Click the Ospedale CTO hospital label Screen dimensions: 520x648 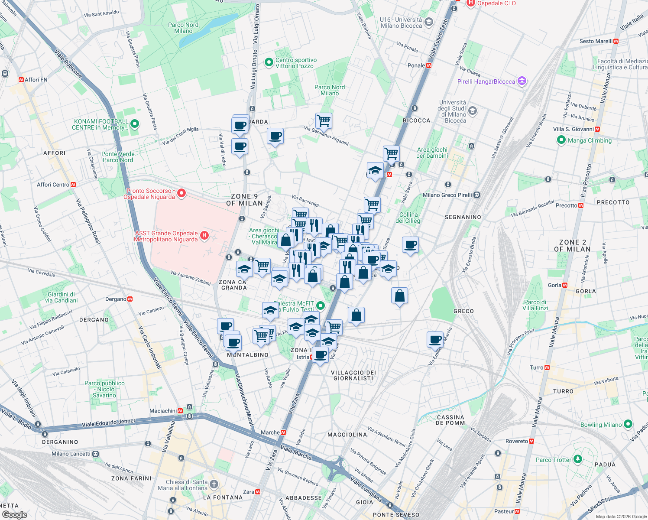click(496, 3)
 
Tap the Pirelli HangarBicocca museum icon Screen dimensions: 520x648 click(522, 81)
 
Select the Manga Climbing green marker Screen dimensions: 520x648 click(561, 140)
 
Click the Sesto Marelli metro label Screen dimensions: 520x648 click(596, 41)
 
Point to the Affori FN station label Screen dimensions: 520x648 click(36, 80)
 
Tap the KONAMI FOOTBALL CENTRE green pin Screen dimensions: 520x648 click(135, 124)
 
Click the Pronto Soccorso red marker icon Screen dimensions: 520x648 click(181, 193)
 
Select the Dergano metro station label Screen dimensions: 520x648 click(116, 299)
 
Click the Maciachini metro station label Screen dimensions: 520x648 click(163, 411)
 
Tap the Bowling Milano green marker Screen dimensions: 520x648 click(628, 424)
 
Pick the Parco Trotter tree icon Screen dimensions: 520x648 click(577, 459)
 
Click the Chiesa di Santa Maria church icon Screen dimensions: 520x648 click(214, 484)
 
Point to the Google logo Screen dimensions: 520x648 click(14, 515)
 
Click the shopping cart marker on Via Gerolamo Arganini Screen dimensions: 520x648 click(324, 120)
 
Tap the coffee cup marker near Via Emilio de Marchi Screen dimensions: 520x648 click(435, 339)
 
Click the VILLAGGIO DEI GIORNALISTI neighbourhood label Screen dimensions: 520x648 click(353, 375)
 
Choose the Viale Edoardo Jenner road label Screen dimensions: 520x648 click(109, 422)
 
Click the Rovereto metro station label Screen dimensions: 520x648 click(517, 441)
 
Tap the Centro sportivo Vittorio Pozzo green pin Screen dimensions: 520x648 click(269, 63)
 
